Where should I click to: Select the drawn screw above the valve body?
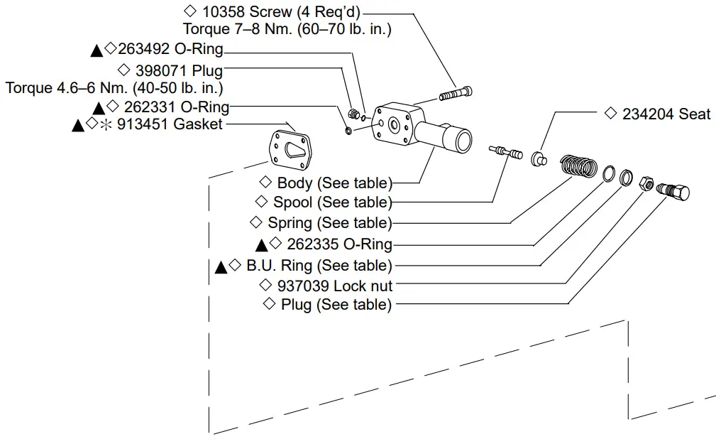(456, 93)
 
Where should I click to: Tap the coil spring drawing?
(578, 167)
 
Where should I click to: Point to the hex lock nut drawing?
(646, 183)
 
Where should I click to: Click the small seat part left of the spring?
(539, 157)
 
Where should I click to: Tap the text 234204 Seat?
(666, 114)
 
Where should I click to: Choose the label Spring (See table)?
(329, 223)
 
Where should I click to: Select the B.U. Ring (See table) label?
(319, 266)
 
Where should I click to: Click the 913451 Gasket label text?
(170, 124)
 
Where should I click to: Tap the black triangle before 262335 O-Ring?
(261, 245)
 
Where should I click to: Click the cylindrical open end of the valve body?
(458, 139)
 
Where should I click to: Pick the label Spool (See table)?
(332, 202)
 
